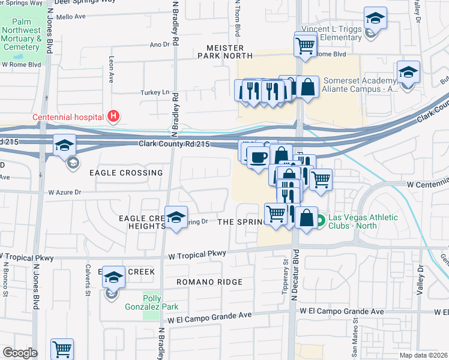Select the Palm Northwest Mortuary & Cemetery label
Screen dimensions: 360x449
(21, 35)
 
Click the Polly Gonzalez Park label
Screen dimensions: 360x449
(160, 302)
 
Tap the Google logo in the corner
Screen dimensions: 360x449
(20, 353)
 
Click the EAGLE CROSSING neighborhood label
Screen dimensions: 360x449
(126, 173)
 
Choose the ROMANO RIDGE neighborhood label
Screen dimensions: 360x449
(209, 281)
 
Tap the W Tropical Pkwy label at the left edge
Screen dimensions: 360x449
(27, 258)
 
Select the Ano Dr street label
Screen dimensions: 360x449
(160, 44)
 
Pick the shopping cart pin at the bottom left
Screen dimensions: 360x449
(62, 348)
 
